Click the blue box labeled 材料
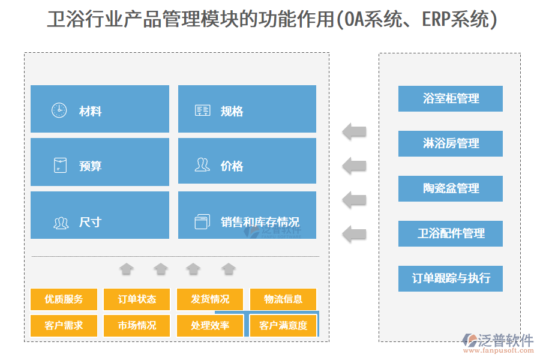[100, 109]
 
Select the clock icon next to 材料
[59, 110]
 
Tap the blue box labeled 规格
[247, 109]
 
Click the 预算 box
[100, 162]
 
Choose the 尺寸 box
[100, 215]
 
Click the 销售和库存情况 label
[260, 222]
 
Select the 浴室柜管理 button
[450, 98]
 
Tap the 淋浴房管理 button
[450, 143]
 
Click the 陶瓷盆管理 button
[450, 188]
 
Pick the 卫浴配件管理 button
[450, 233]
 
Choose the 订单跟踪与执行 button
[450, 278]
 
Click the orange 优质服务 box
[64, 299]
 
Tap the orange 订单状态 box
[137, 299]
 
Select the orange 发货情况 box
[210, 299]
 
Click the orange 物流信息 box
[283, 299]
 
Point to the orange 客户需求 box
[64, 326]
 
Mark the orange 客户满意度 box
[283, 326]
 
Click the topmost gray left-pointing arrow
[355, 131]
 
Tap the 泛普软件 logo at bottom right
[497, 343]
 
